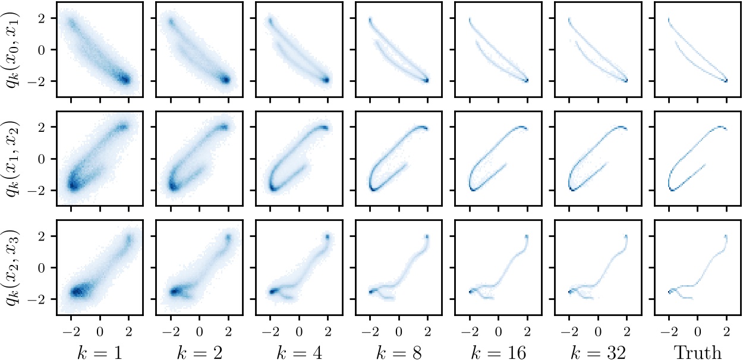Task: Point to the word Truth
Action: point(697,352)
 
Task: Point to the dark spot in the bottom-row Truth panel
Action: point(670,291)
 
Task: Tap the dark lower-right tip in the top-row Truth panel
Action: point(726,80)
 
